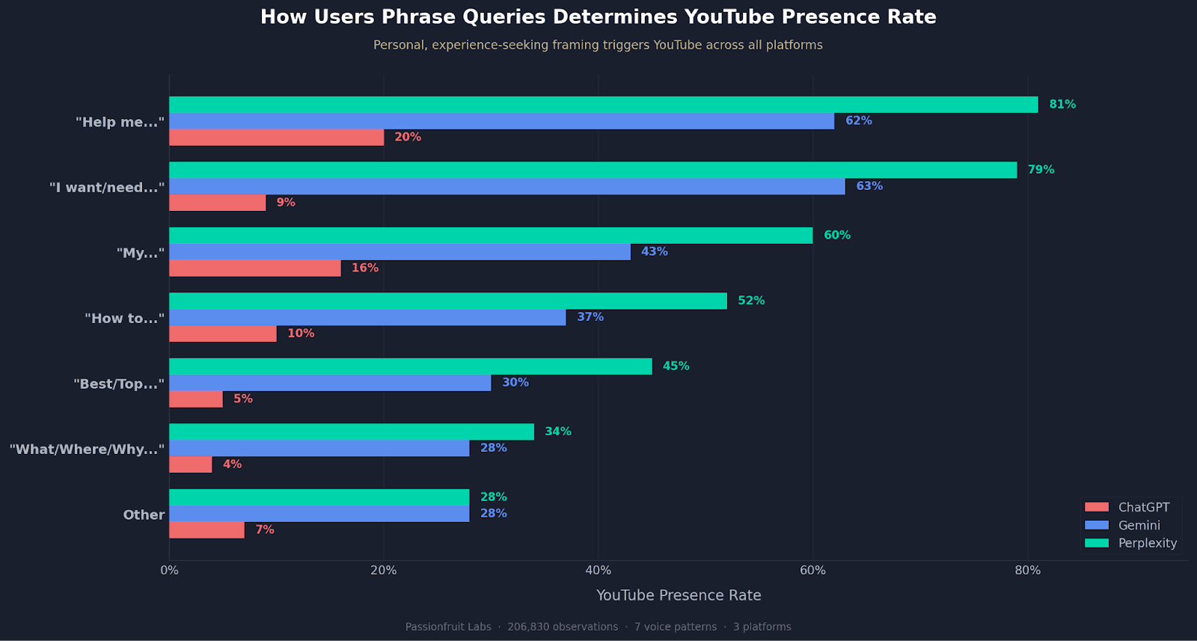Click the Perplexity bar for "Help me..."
click(x=603, y=105)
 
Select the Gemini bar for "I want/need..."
click(x=507, y=186)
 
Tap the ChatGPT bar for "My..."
click(x=255, y=269)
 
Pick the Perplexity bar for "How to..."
click(x=448, y=301)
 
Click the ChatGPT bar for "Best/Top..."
click(x=196, y=399)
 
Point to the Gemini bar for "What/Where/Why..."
click(x=319, y=448)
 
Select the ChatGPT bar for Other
click(x=207, y=530)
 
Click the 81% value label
click(x=1062, y=105)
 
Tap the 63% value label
click(x=869, y=186)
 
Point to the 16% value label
click(x=365, y=269)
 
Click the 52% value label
click(x=751, y=301)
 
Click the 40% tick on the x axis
click(x=598, y=571)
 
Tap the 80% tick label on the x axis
click(x=1027, y=571)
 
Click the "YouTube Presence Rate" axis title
click(x=679, y=595)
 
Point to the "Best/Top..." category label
click(x=119, y=384)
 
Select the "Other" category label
click(x=144, y=515)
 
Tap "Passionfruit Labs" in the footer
click(x=448, y=627)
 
